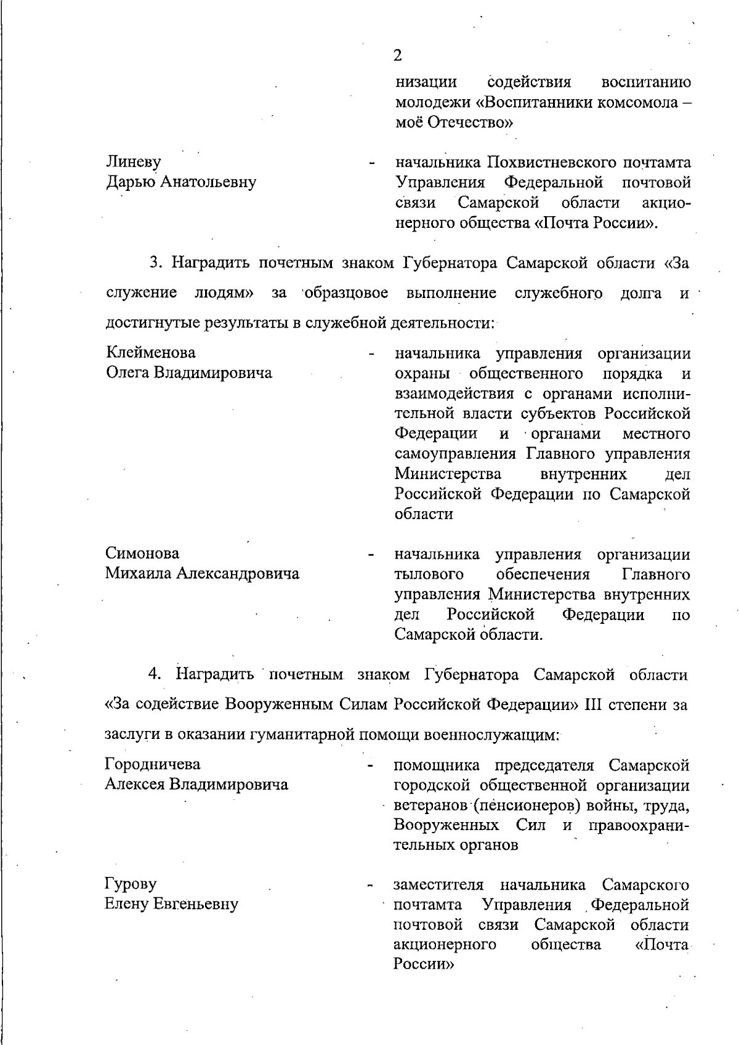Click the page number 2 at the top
(x=397, y=56)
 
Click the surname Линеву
(x=134, y=162)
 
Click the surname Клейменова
(x=151, y=353)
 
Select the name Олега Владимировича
(x=188, y=373)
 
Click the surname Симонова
(x=142, y=553)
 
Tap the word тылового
(x=429, y=575)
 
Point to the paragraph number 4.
(x=155, y=674)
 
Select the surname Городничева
(x=153, y=764)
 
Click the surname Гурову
(x=131, y=884)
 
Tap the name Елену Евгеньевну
(x=171, y=905)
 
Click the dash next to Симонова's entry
(x=371, y=555)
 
